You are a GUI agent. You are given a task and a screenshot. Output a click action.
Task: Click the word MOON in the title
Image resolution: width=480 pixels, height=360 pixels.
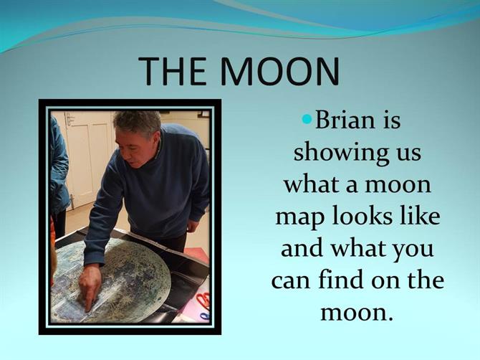click(x=280, y=71)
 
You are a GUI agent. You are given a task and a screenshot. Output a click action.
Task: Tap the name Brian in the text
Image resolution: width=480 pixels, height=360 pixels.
click(x=345, y=120)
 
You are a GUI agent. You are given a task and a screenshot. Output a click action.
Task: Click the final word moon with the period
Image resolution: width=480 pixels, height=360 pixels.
click(x=357, y=313)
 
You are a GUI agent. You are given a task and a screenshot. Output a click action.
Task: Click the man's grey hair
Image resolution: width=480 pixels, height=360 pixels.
click(x=138, y=123)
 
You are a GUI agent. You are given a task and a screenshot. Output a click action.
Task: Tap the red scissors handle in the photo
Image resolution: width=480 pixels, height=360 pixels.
click(x=203, y=300)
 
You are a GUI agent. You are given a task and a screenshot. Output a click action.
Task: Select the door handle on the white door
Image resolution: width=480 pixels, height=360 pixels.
click(x=72, y=201)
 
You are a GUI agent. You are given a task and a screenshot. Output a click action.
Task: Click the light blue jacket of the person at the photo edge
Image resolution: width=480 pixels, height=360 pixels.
click(x=59, y=166)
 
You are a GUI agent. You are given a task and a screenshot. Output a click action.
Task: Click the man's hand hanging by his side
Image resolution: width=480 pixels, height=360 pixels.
click(x=193, y=226)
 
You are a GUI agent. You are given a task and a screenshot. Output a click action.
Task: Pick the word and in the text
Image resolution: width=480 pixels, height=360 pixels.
click(x=302, y=248)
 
